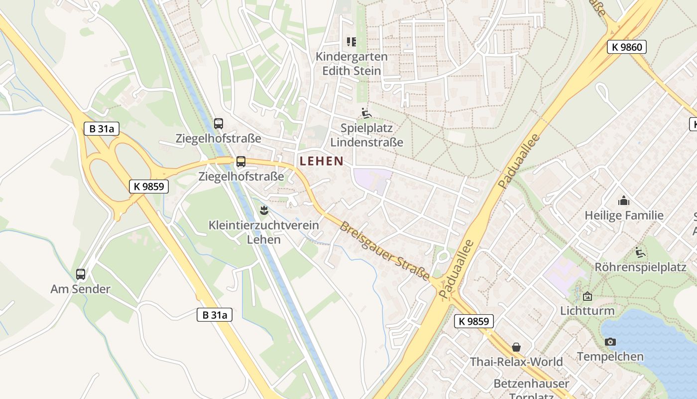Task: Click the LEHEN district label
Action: [x=322, y=161]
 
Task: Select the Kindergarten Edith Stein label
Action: [x=351, y=63]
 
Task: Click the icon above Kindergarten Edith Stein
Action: [x=351, y=41]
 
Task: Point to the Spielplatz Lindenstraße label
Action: [x=366, y=135]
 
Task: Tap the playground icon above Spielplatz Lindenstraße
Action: [x=366, y=113]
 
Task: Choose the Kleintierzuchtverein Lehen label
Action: [x=264, y=232]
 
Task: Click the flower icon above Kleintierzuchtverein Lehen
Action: [x=264, y=210]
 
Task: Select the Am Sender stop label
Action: [x=81, y=289]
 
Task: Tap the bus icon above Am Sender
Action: [x=81, y=274]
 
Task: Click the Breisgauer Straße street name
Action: [x=385, y=251]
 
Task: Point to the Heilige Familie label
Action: [x=624, y=215]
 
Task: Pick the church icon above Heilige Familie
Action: [x=623, y=200]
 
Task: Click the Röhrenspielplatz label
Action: [x=640, y=267]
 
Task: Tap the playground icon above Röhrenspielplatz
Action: [x=640, y=252]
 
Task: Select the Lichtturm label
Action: [x=587, y=311]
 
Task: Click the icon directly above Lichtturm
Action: [x=587, y=296]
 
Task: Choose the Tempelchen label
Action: [x=610, y=357]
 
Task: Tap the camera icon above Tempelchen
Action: [x=610, y=342]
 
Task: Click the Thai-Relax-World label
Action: [x=516, y=362]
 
